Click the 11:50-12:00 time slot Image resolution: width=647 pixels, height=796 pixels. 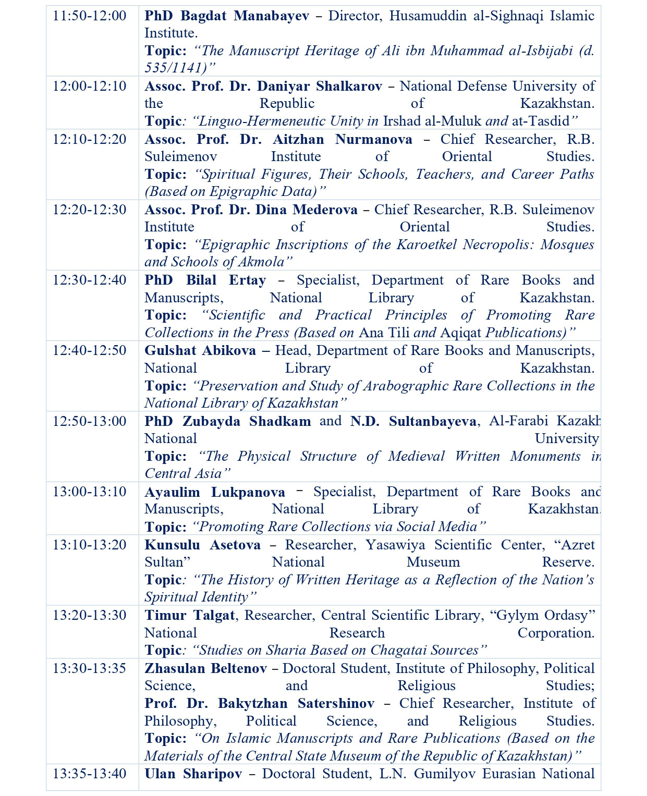[89, 16]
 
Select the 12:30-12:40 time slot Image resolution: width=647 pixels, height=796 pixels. [89, 280]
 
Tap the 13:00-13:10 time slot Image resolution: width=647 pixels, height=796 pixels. [89, 492]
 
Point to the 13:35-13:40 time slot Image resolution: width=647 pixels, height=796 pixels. [89, 773]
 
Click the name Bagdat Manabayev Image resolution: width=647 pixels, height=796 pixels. [245, 16]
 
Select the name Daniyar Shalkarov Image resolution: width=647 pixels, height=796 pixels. [320, 86]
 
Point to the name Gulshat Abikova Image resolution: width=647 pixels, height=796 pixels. [200, 350]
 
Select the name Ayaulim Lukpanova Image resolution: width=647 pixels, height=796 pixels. [215, 492]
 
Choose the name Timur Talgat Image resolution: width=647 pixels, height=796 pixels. [190, 615]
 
